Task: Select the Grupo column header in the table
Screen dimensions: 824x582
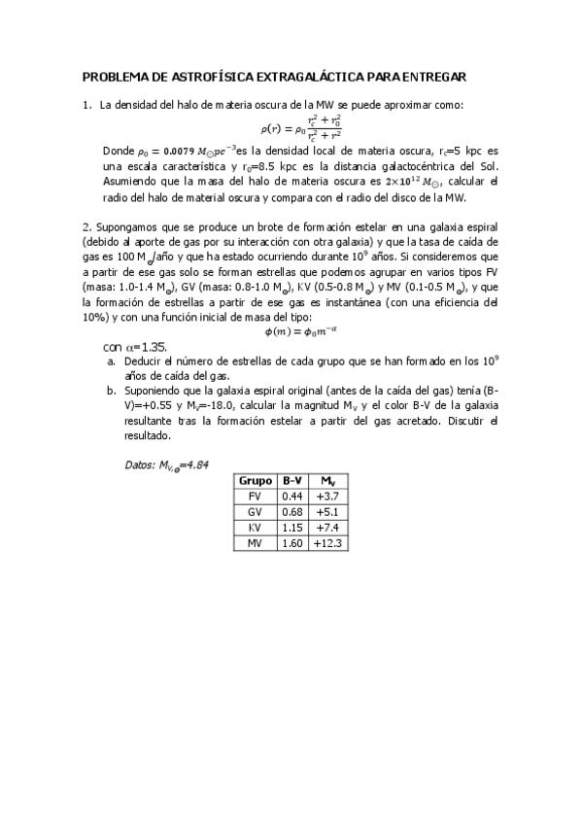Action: pos(255,480)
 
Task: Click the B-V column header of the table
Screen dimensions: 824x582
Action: pos(291,480)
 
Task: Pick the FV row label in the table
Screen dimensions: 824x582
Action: pos(255,496)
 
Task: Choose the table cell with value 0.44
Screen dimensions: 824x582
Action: pos(291,496)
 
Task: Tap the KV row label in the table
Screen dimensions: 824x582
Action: pos(255,527)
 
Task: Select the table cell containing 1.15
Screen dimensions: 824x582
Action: pos(291,527)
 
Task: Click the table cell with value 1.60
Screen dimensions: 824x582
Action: pos(291,543)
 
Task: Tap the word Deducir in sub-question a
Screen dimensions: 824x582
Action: pos(146,360)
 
